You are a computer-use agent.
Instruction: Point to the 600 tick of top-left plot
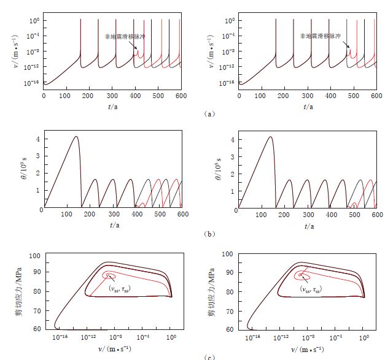click(181, 96)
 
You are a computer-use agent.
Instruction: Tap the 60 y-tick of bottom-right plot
click(230, 329)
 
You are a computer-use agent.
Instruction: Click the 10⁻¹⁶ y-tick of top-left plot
click(33, 82)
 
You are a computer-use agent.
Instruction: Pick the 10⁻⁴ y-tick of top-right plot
click(228, 36)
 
